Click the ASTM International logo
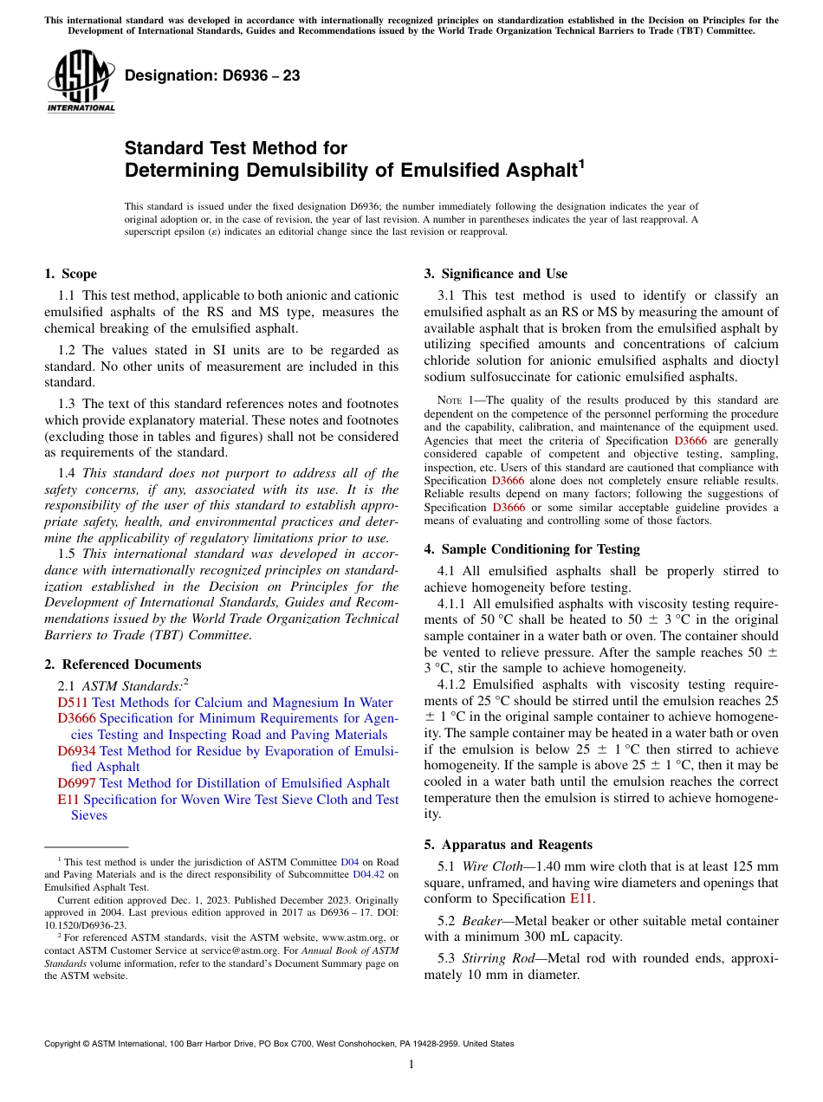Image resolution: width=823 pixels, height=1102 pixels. pos(81,81)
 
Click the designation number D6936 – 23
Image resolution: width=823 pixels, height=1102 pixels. pos(212,76)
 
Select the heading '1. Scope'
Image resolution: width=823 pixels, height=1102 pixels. pos(70,274)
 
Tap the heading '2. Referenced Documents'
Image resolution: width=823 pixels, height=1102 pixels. pos(122,664)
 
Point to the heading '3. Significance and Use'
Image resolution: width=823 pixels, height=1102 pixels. pos(496,274)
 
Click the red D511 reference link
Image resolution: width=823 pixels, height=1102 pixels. pos(72,703)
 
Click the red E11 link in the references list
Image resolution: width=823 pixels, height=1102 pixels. pos(68,800)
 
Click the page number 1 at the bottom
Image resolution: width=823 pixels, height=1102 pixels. pos(411,1065)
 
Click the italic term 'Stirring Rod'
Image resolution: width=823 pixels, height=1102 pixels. pos(495,958)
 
